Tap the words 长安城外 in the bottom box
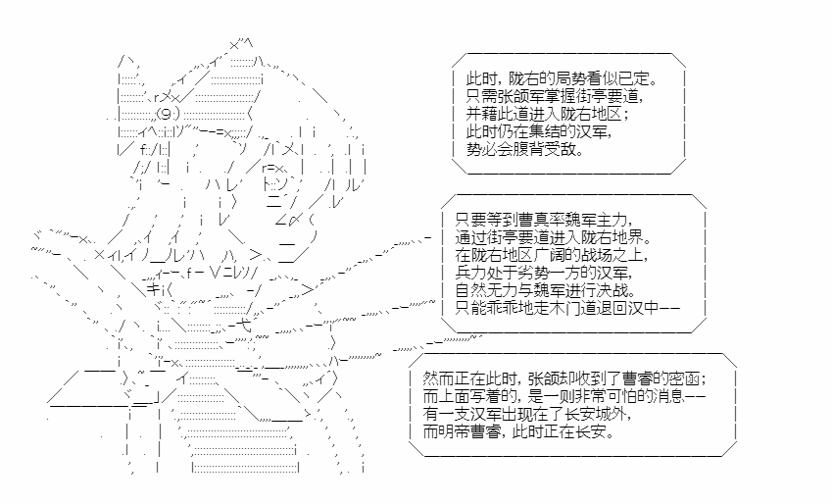point(599,414)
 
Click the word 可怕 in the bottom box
point(626,397)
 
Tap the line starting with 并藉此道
point(547,115)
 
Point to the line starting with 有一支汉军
point(528,414)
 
